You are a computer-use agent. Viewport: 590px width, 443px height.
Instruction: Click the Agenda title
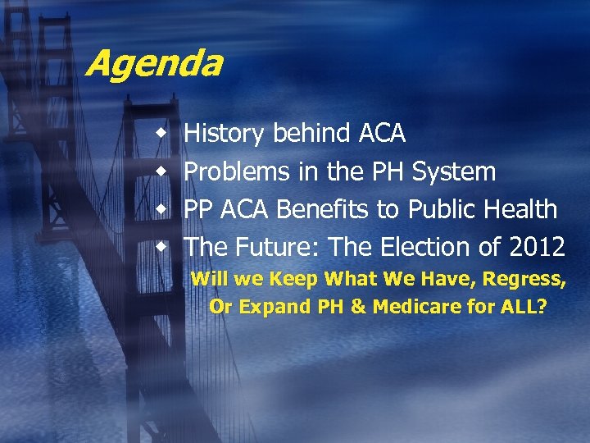pos(153,63)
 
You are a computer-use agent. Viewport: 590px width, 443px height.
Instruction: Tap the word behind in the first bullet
pos(313,133)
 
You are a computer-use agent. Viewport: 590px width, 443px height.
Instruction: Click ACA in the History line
pos(382,133)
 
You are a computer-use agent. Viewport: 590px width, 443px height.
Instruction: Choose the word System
pos(454,171)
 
